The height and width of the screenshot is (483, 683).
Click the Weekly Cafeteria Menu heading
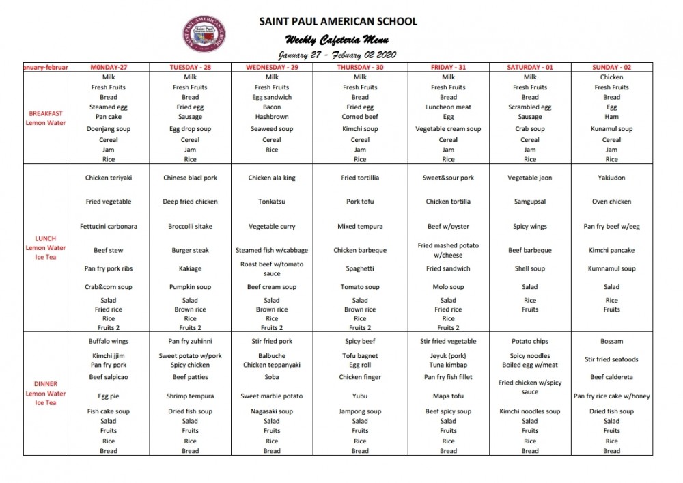click(337, 39)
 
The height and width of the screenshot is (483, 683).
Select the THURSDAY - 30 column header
click(360, 68)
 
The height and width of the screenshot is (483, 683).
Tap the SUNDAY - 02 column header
click(611, 68)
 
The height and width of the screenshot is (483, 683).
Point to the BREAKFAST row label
click(46, 113)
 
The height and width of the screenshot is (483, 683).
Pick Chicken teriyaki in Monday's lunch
click(109, 178)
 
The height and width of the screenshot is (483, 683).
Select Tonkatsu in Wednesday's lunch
click(272, 202)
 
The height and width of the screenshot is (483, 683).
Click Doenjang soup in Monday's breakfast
click(109, 128)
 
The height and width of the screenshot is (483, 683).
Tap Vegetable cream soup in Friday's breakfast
click(448, 128)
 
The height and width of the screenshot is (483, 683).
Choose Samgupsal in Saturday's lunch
click(530, 202)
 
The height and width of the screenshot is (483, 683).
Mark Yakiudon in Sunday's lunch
click(611, 178)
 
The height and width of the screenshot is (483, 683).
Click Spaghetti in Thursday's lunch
click(360, 268)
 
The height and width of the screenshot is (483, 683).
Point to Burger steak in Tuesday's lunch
click(190, 250)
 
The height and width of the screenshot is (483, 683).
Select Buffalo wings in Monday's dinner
click(109, 341)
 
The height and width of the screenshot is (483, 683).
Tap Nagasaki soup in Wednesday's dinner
click(272, 411)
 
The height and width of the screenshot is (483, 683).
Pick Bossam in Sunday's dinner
click(611, 341)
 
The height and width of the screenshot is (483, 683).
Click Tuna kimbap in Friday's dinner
click(448, 365)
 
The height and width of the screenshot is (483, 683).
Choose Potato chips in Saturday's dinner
click(530, 341)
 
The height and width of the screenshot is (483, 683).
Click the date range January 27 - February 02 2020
click(337, 55)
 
